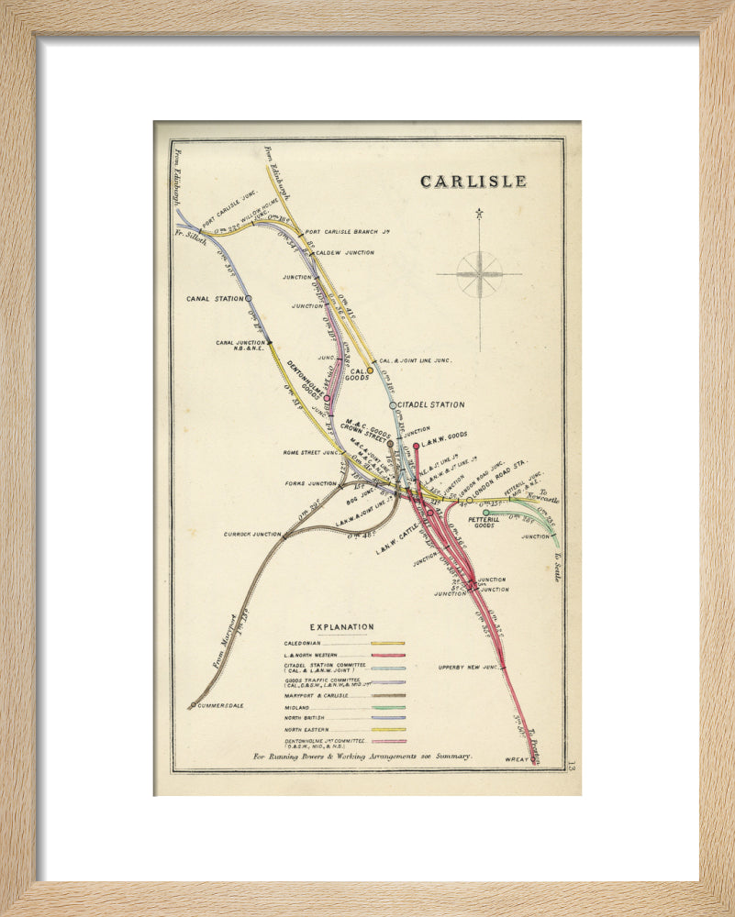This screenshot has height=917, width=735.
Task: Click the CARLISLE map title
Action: pyautogui.click(x=473, y=182)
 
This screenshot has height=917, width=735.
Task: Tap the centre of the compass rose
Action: pyautogui.click(x=479, y=273)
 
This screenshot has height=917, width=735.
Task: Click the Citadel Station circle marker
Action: pyautogui.click(x=393, y=404)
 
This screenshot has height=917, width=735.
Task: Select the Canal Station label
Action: pyautogui.click(x=215, y=298)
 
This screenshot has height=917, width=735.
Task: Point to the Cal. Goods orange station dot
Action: pyautogui.click(x=371, y=371)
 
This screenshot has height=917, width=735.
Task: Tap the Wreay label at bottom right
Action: pyautogui.click(x=518, y=758)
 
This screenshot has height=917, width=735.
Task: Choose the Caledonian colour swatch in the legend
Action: pyautogui.click(x=387, y=643)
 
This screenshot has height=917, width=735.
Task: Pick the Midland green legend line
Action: pyautogui.click(x=387, y=708)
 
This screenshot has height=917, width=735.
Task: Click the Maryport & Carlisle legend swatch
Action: pyautogui.click(x=387, y=695)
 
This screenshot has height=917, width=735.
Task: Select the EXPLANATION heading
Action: pyautogui.click(x=341, y=627)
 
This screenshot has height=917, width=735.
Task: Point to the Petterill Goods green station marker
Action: pyautogui.click(x=486, y=513)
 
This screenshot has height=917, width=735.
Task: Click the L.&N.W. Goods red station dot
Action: pyautogui.click(x=416, y=447)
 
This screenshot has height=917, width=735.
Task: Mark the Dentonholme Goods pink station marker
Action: pyautogui.click(x=327, y=398)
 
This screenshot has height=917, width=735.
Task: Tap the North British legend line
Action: pyautogui.click(x=387, y=718)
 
